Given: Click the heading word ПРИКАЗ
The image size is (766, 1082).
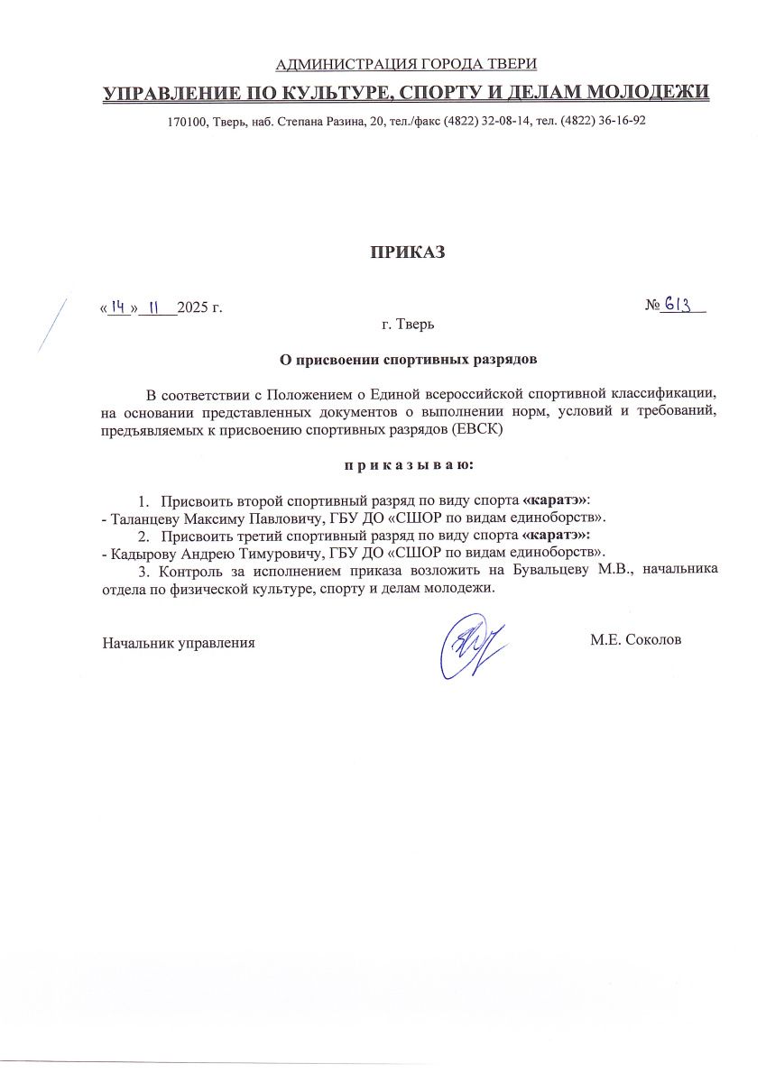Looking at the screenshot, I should click(x=406, y=252).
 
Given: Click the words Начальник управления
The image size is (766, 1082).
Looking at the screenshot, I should click(x=179, y=643).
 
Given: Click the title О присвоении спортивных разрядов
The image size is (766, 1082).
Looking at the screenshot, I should click(x=406, y=359).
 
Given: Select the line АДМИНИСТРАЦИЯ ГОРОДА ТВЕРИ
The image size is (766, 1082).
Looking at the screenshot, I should click(x=405, y=63).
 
